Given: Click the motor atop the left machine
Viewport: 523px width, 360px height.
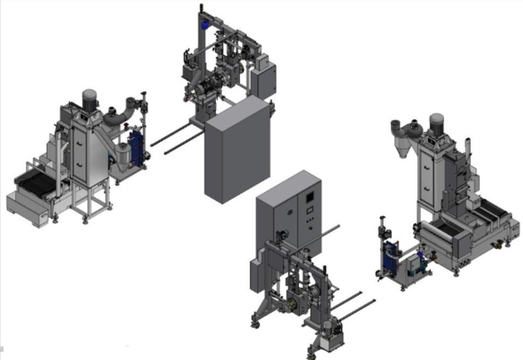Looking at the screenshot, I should [89, 100].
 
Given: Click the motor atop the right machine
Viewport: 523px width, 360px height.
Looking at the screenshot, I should [436, 123].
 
